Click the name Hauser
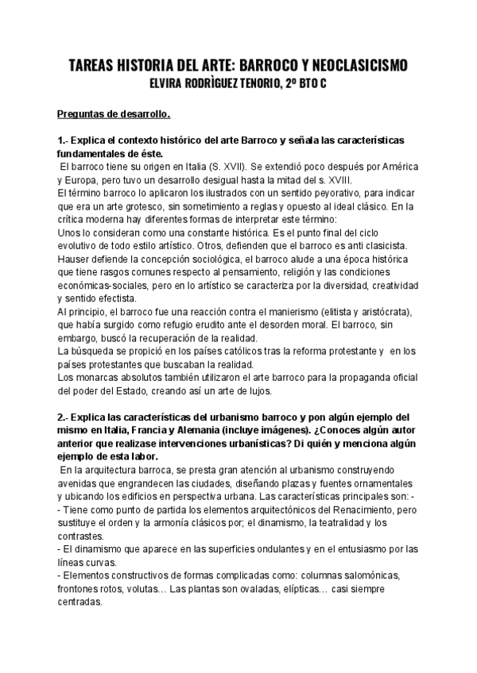coord(76,260)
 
